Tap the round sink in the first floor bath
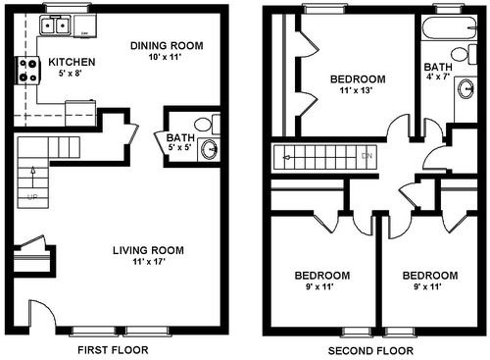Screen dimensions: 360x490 [208, 149]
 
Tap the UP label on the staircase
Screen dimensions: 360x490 [30, 195]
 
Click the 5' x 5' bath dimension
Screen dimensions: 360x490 [180, 150]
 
